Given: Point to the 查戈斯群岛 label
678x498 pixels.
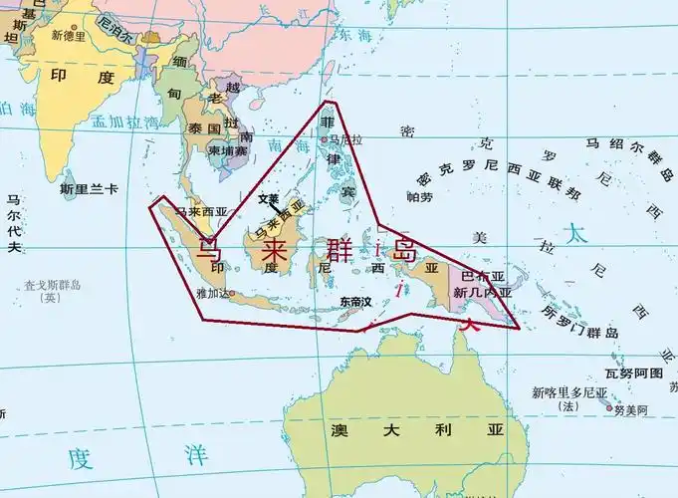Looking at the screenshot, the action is click(x=47, y=286).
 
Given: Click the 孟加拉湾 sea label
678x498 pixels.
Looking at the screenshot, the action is click(x=124, y=124).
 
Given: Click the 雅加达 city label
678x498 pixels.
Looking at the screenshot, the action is click(x=214, y=293).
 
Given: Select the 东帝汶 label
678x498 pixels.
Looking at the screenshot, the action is click(x=354, y=301).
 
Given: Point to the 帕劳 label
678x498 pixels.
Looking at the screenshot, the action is click(x=420, y=197).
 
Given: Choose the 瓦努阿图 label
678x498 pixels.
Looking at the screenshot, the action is click(x=633, y=372).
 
